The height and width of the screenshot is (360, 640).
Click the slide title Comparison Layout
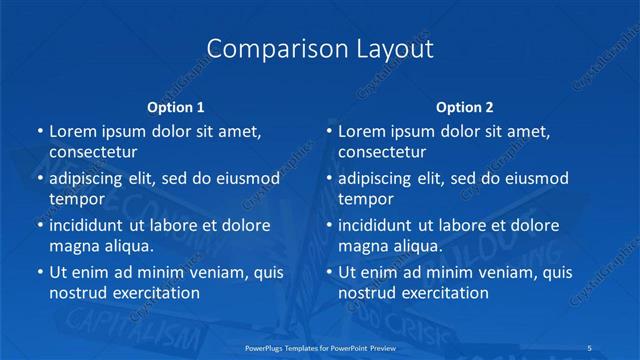pos(320,49)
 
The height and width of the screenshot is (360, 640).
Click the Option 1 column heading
pos(175,107)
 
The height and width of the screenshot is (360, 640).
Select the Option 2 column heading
pos(464,107)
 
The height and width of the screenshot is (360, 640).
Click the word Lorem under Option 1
pos(73,131)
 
